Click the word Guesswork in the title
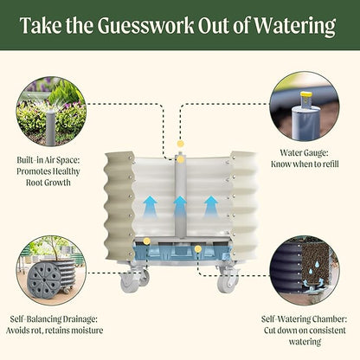point(145,25)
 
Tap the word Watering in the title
point(295,26)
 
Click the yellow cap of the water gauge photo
point(305,94)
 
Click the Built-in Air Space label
point(48,171)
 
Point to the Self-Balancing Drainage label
point(55,325)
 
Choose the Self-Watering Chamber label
point(305,331)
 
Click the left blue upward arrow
point(151,206)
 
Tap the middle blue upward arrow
point(181,206)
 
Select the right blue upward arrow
point(211,206)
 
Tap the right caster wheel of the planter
point(227,281)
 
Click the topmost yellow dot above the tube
point(181,144)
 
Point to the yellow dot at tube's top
point(181,160)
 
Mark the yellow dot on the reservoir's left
point(147,241)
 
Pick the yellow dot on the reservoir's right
point(197,248)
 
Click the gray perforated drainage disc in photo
point(43,279)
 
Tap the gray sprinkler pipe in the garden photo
point(51,125)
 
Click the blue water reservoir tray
point(181,250)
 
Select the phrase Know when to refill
point(305,164)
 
